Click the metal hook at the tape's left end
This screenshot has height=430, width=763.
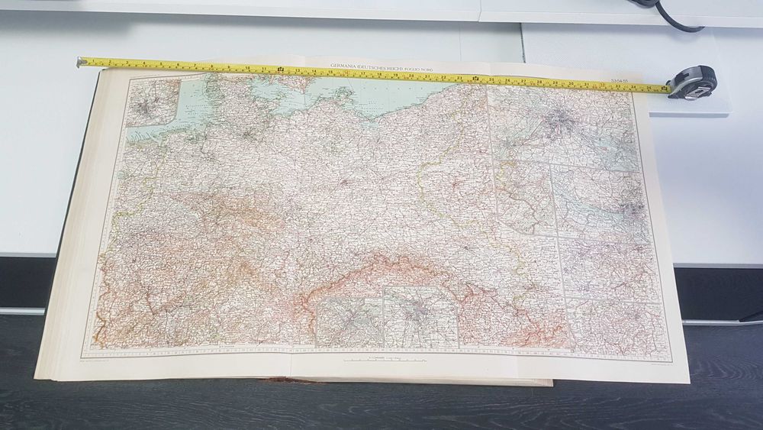point(79,61)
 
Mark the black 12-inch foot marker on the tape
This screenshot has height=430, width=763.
point(281,71)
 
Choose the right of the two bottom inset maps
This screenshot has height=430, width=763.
point(420,316)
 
